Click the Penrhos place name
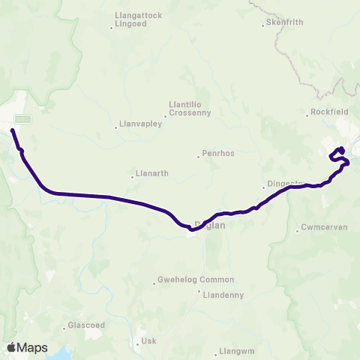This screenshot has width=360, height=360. pos(218,154)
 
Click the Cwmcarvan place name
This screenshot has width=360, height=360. pos(325,226)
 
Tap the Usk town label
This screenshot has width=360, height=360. pos(148,340)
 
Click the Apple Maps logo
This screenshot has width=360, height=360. pos(27,347)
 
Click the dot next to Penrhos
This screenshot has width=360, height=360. pos(198,156)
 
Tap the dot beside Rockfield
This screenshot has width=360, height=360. pos(307,115)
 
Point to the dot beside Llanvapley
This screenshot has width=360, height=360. pos(115,127)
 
